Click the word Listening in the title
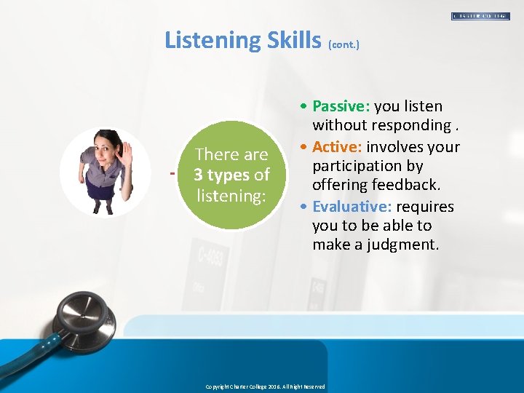pyautogui.click(x=206, y=39)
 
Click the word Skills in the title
pyautogui.click(x=289, y=39)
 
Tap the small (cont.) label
pyautogui.click(x=344, y=44)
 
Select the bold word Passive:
pyautogui.click(x=341, y=106)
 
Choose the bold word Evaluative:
pyautogui.click(x=352, y=207)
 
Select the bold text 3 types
pyautogui.click(x=221, y=175)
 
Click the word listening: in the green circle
pyautogui.click(x=231, y=195)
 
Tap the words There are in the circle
pyautogui.click(x=231, y=154)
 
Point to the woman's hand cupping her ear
pyautogui.click(x=126, y=152)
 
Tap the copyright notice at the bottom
pyautogui.click(x=265, y=386)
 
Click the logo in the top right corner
pyautogui.click(x=480, y=15)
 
